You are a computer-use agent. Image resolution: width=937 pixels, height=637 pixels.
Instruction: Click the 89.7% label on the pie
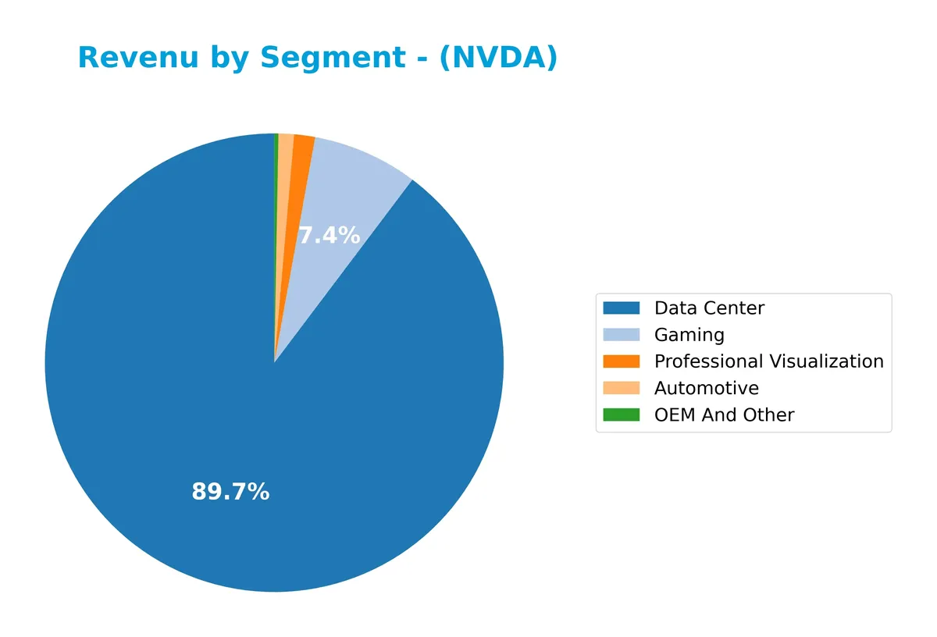(x=230, y=492)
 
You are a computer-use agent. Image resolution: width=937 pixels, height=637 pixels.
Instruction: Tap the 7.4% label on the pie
(x=329, y=235)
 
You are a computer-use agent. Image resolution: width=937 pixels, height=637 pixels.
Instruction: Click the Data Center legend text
(x=709, y=308)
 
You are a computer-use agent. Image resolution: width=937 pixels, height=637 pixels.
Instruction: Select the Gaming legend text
(x=689, y=335)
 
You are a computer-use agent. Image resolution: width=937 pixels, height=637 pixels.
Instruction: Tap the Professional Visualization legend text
(x=768, y=361)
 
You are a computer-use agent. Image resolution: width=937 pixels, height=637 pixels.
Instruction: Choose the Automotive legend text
(x=706, y=388)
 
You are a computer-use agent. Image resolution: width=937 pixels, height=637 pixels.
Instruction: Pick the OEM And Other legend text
(x=724, y=415)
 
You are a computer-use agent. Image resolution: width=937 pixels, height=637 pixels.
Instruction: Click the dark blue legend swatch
(x=621, y=308)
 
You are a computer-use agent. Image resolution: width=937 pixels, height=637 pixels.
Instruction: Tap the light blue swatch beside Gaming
(x=621, y=335)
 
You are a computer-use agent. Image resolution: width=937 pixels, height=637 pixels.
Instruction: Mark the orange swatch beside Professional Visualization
(x=621, y=361)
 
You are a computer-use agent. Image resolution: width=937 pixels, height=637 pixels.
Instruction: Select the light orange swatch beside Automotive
(x=621, y=388)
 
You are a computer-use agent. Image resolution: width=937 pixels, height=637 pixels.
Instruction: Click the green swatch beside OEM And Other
(x=621, y=415)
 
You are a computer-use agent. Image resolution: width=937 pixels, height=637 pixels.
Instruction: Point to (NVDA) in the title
(x=498, y=59)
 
